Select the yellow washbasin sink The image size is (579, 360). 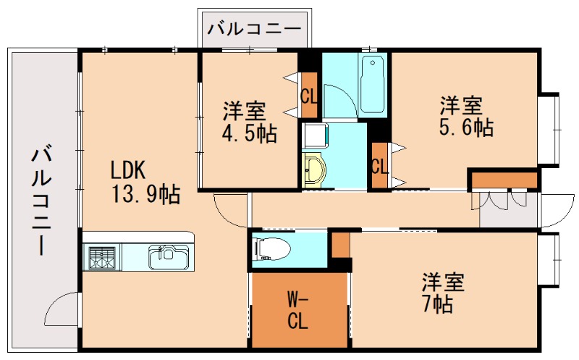tap(315, 172)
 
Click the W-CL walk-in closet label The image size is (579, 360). tap(297, 310)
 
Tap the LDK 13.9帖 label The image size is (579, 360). tap(145, 182)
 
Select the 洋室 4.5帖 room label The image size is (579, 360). tap(248, 123)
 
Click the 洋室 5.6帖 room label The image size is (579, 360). tap(466, 117)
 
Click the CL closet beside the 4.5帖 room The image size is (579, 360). tap(309, 96)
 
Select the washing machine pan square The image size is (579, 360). tap(315, 135)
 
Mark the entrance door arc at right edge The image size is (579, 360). tap(556, 209)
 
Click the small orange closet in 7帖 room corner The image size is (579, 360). tap(340, 244)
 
